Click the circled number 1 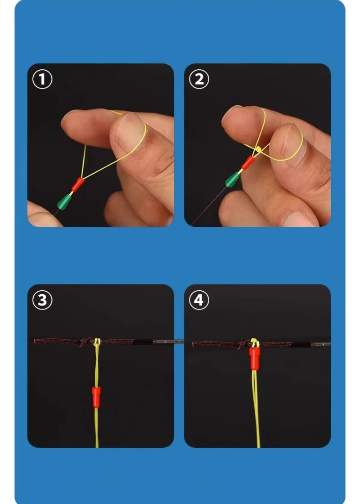click(42, 79)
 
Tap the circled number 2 click(199, 79)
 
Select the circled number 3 click(42, 300)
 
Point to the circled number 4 click(199, 300)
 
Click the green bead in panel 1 click(64, 202)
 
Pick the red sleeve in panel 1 click(78, 184)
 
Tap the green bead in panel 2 click(233, 180)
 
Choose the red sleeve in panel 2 click(248, 162)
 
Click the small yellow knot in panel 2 click(258, 149)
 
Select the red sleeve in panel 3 click(96, 396)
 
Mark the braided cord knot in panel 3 click(85, 342)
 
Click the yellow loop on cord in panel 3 click(97, 342)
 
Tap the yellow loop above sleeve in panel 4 click(255, 343)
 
